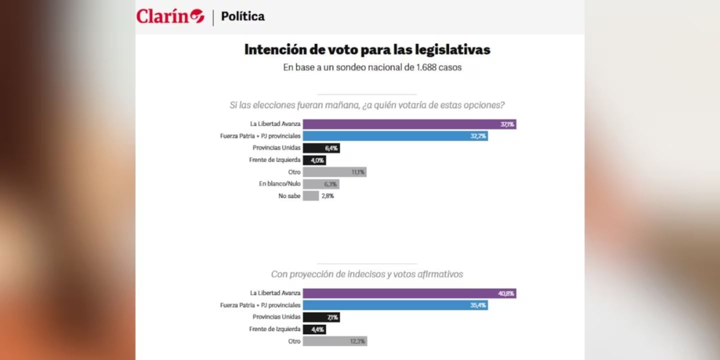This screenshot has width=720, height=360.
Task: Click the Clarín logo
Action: [x=170, y=16]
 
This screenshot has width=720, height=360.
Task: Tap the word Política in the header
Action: [x=242, y=16]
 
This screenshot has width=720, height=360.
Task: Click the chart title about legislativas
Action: [x=367, y=50]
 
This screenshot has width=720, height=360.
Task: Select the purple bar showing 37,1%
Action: [x=409, y=124]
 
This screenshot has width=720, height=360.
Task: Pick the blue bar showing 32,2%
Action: [x=395, y=136]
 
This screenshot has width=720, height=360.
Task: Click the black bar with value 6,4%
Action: [x=321, y=148]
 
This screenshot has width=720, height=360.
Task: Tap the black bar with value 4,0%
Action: [x=314, y=160]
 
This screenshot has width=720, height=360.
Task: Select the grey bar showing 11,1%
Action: [x=334, y=172]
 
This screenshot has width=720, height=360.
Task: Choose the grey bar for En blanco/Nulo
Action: [x=321, y=184]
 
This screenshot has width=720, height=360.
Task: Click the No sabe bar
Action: [x=310, y=196]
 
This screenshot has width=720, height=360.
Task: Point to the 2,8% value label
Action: [x=328, y=196]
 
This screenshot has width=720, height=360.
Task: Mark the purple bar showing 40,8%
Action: [x=409, y=293]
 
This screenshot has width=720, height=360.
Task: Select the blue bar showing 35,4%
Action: [x=395, y=305]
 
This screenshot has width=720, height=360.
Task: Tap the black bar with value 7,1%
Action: [x=321, y=317]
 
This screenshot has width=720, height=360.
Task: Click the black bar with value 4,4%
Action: [x=314, y=329]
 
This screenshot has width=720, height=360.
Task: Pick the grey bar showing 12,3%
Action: [x=334, y=341]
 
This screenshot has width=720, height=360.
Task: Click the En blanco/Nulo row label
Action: [x=279, y=184]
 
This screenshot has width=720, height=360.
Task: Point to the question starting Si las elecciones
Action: [x=367, y=105]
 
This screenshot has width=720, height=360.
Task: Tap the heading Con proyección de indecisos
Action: [x=367, y=274]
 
